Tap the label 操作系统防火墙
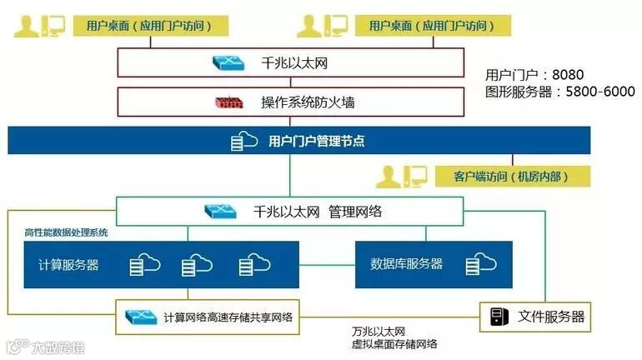pyautogui.click(x=308, y=103)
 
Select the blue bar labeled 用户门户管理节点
pyautogui.click(x=316, y=141)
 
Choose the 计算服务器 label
pyautogui.click(x=69, y=265)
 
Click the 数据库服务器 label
pyautogui.click(x=406, y=264)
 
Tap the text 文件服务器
pyautogui.click(x=551, y=317)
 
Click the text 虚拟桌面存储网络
pyautogui.click(x=395, y=344)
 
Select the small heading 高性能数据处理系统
pyautogui.click(x=66, y=233)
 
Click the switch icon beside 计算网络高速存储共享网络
pyautogui.click(x=142, y=317)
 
